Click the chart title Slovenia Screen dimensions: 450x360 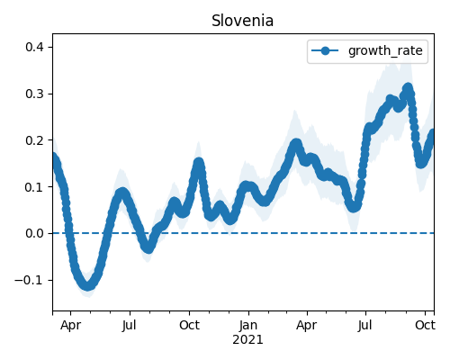pos(242,21)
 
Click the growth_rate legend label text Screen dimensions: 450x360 pos(385,50)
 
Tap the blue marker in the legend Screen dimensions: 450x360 pos(325,50)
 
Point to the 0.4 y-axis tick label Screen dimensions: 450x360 pos(35,47)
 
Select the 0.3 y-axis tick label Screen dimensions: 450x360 pos(35,94)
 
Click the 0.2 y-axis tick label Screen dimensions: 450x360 pos(35,140)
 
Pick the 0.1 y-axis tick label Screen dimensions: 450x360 pos(35,187)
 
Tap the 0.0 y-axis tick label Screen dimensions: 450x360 pos(35,233)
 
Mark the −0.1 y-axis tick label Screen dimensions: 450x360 pos(30,280)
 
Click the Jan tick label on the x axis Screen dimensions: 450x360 pos(248,325)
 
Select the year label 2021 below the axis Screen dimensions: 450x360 pos(247,340)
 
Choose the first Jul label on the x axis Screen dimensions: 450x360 pos(130,325)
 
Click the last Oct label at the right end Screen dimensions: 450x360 pos(425,325)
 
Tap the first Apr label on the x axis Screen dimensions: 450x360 pos(70,326)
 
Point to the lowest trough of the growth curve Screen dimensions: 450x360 pos(87,285)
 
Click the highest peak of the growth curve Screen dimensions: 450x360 pos(408,88)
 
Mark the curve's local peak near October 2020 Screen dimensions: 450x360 pos(199,163)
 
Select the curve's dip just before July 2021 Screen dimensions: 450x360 pos(354,207)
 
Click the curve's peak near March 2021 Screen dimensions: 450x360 pos(296,144)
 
